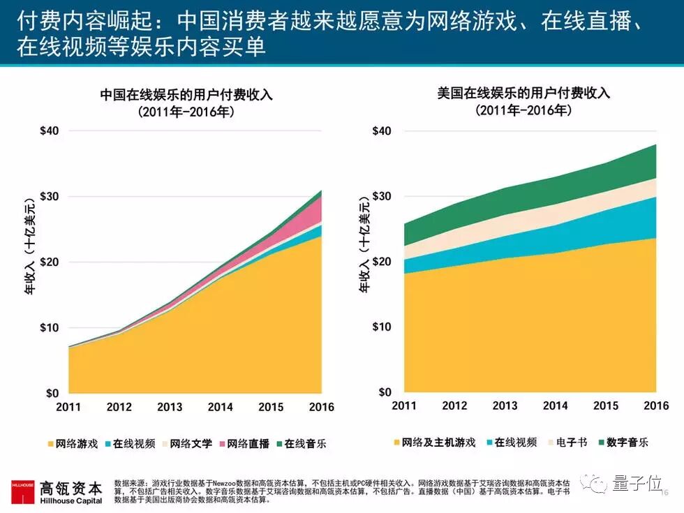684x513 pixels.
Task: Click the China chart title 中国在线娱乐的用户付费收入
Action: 186,94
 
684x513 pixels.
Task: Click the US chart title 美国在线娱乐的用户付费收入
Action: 523,93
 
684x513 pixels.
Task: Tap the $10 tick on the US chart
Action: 382,327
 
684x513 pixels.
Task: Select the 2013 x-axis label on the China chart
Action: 170,407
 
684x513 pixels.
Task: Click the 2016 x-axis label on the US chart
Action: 656,406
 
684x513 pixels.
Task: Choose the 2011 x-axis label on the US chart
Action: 403,406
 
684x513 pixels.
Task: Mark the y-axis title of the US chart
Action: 364,260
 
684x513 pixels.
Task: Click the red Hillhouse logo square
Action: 23,491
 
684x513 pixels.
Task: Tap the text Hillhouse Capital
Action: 72,500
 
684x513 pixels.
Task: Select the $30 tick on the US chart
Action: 382,196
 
